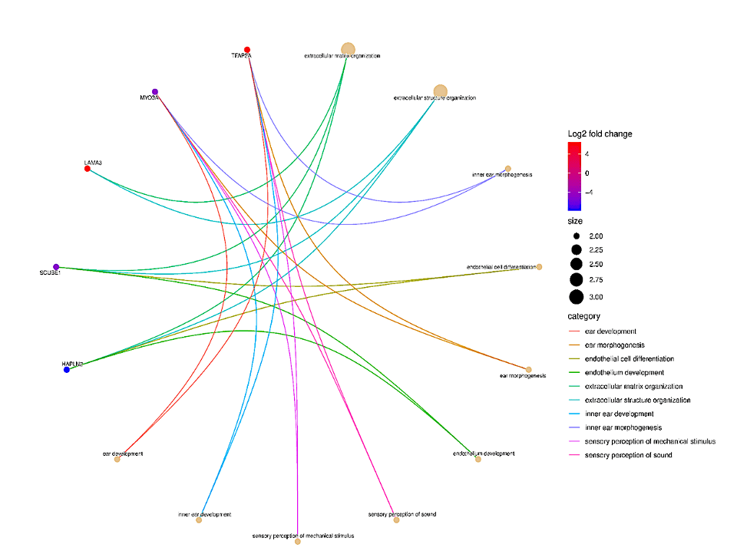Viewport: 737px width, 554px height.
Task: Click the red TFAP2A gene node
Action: click(247, 50)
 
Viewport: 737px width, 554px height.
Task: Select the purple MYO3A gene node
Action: click(155, 92)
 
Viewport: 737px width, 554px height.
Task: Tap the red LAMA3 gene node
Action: click(88, 168)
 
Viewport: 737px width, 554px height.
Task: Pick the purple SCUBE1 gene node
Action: click(56, 267)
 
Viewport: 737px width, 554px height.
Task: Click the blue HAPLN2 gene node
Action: click(67, 370)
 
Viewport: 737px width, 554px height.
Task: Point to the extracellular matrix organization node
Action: click(348, 50)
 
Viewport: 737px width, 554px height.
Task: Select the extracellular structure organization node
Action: click(440, 92)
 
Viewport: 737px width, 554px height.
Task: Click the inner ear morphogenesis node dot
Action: click(508, 169)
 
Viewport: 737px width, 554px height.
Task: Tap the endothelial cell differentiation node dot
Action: click(540, 267)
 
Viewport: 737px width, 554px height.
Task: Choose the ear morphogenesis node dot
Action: click(528, 369)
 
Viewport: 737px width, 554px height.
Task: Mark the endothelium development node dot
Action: click(478, 459)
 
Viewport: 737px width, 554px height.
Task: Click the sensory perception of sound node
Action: click(396, 520)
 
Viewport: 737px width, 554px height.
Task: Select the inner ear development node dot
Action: click(199, 520)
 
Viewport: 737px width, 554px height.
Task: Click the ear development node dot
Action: click(117, 459)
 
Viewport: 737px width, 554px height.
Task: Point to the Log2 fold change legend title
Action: click(600, 134)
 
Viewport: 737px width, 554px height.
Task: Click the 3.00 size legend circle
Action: click(576, 297)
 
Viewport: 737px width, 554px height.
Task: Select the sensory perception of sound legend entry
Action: click(628, 455)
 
